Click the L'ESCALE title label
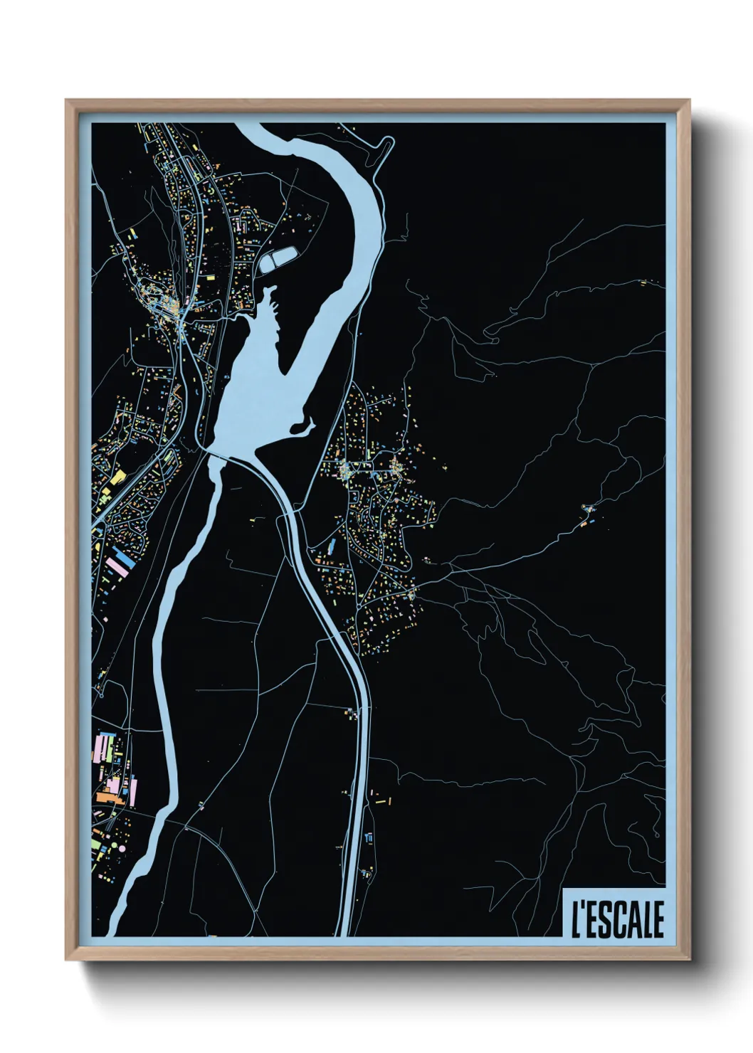point(616,919)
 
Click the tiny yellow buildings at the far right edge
point(645,282)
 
